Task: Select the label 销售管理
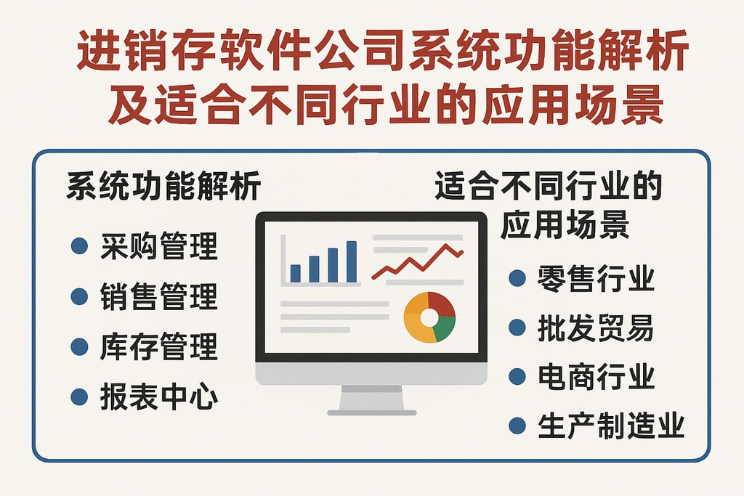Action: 158,297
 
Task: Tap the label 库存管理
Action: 158,347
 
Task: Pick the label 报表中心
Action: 158,397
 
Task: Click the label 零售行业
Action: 596,278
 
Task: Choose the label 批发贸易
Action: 596,328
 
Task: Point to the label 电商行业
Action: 596,377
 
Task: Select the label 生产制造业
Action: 611,426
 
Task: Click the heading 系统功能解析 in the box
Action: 163,188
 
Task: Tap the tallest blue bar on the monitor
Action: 352,261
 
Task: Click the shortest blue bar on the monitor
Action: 296,273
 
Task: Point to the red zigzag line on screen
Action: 417,263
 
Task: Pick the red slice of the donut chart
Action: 440,305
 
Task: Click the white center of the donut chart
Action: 429,317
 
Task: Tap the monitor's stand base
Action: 371,412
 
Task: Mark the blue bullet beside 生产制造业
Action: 517,426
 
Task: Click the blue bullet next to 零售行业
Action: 517,278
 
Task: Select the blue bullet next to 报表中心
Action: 79,397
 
